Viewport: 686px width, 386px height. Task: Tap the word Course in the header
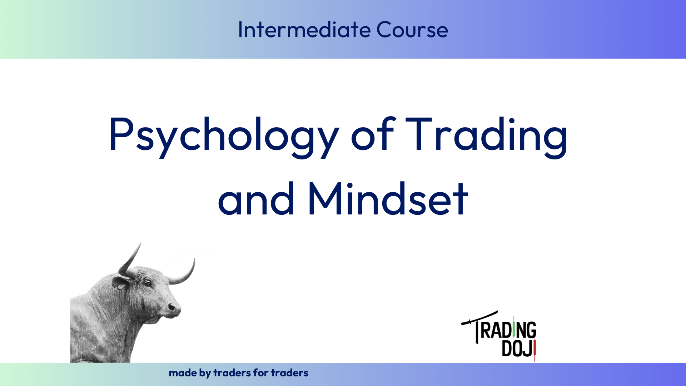pos(412,29)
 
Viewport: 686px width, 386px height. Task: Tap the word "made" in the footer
pos(183,373)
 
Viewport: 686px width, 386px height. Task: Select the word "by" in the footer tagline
pos(205,374)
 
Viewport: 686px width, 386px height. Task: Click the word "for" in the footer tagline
pos(260,373)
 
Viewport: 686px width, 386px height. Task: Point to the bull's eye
pos(147,283)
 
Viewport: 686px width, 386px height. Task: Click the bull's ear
pos(120,282)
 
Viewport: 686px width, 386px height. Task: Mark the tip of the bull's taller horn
pos(140,243)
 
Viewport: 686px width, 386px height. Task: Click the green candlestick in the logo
pos(514,327)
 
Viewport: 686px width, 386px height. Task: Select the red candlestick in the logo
pos(535,351)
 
